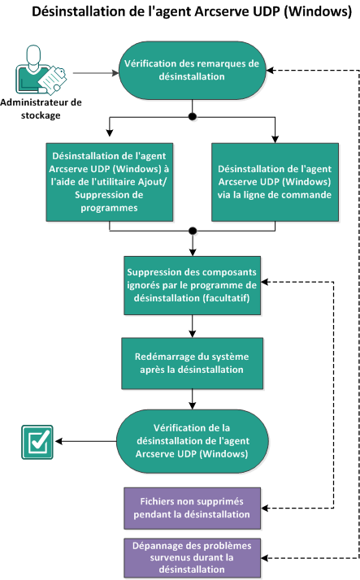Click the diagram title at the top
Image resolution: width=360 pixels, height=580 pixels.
pyautogui.click(x=179, y=13)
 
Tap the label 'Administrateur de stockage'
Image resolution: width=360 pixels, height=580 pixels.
pyautogui.click(x=41, y=108)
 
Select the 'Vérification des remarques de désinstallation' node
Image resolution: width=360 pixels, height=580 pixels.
pyautogui.click(x=192, y=70)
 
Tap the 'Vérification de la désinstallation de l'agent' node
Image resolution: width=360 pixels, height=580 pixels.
pyautogui.click(x=192, y=441)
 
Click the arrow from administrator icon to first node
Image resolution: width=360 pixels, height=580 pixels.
pyautogui.click(x=93, y=71)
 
